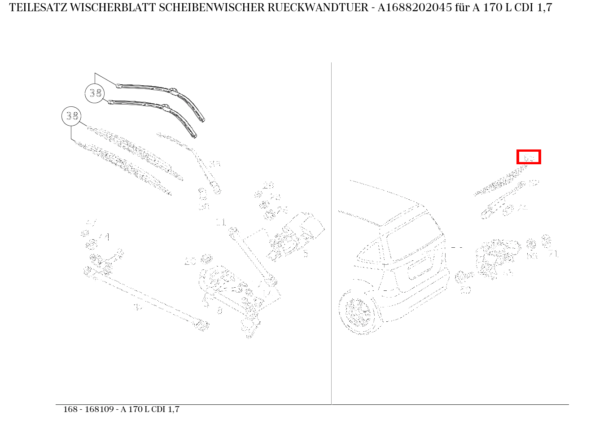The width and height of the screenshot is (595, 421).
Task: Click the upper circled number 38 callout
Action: tap(95, 93)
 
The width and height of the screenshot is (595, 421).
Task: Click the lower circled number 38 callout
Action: tap(71, 116)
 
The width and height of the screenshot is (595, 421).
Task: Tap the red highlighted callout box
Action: tap(529, 157)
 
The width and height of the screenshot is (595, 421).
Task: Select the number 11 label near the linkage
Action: tap(220, 222)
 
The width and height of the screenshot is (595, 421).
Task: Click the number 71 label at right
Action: tap(553, 254)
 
